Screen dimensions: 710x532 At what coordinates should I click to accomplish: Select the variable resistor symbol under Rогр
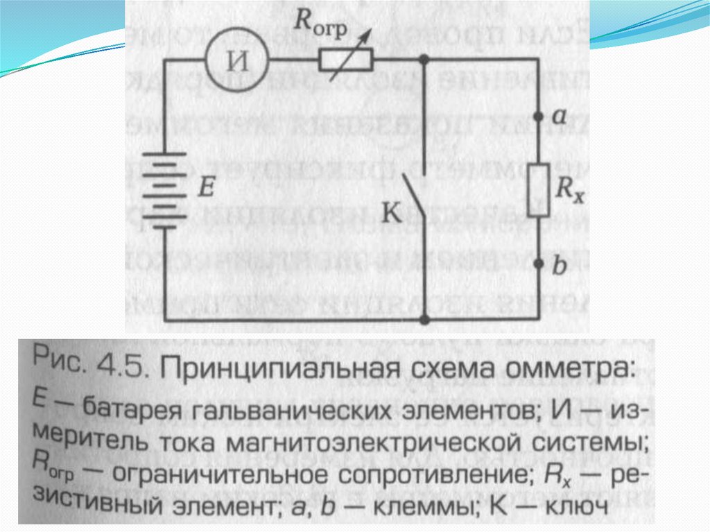tap(346, 62)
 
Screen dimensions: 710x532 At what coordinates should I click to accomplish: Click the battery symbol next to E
tap(166, 188)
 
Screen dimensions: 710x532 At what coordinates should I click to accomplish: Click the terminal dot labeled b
tap(539, 264)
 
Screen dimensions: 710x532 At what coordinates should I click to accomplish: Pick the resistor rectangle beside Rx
tap(539, 189)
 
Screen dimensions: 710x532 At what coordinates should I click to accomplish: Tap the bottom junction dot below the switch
tap(424, 320)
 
